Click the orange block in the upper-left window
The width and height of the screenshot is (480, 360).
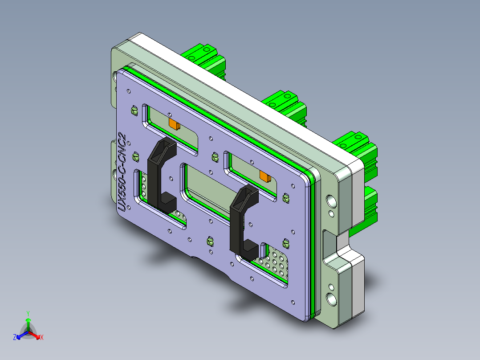pyautogui.click(x=174, y=123)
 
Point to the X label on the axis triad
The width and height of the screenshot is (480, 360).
pyautogui.click(x=41, y=337)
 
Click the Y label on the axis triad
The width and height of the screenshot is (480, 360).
pyautogui.click(x=28, y=313)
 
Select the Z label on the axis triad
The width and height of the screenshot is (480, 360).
pyautogui.click(x=15, y=337)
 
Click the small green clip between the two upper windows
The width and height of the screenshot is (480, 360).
pyautogui.click(x=215, y=157)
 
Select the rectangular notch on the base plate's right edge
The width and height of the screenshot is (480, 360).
pyautogui.click(x=332, y=243)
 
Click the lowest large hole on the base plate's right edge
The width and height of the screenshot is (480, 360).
pyautogui.click(x=331, y=299)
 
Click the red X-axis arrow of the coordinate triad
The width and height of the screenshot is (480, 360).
pyautogui.click(x=36, y=335)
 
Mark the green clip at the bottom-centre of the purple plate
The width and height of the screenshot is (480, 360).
pyautogui.click(x=208, y=241)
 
